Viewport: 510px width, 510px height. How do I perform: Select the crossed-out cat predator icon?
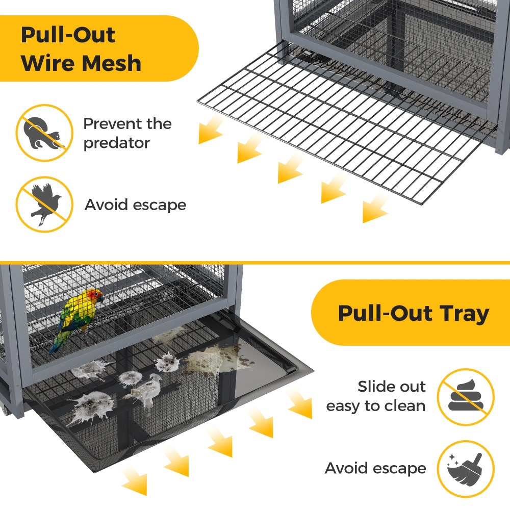44,133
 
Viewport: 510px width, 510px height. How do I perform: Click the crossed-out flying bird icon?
44,205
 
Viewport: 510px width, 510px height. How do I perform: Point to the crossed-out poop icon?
466,397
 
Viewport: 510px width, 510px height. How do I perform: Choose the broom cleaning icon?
466,469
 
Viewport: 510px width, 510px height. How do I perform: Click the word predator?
116,143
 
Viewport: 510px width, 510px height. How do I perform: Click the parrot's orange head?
95,296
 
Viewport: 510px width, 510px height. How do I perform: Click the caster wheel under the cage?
4,410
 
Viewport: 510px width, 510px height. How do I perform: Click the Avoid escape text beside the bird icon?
135,205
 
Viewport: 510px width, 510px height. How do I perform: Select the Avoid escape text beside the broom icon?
375,468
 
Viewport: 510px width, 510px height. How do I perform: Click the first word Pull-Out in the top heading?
68,35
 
